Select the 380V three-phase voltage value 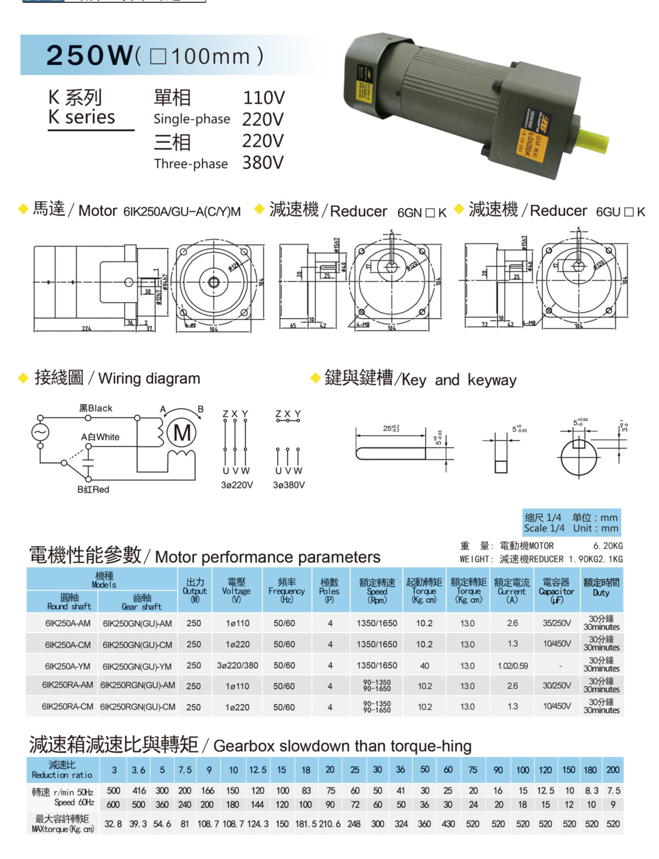click(263, 163)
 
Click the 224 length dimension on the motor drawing click(86, 328)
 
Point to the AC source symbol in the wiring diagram click(40, 432)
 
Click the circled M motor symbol click(182, 433)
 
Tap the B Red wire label click(93, 489)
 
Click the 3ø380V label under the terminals click(288, 485)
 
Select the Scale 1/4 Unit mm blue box click(571, 522)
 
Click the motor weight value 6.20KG click(608, 546)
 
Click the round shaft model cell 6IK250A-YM click(68, 666)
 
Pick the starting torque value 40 click(425, 666)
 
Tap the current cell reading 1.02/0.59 click(512, 666)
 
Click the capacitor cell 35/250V click(556, 623)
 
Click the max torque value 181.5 click(305, 824)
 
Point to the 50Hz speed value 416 click(139, 791)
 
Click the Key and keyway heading click(420, 379)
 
